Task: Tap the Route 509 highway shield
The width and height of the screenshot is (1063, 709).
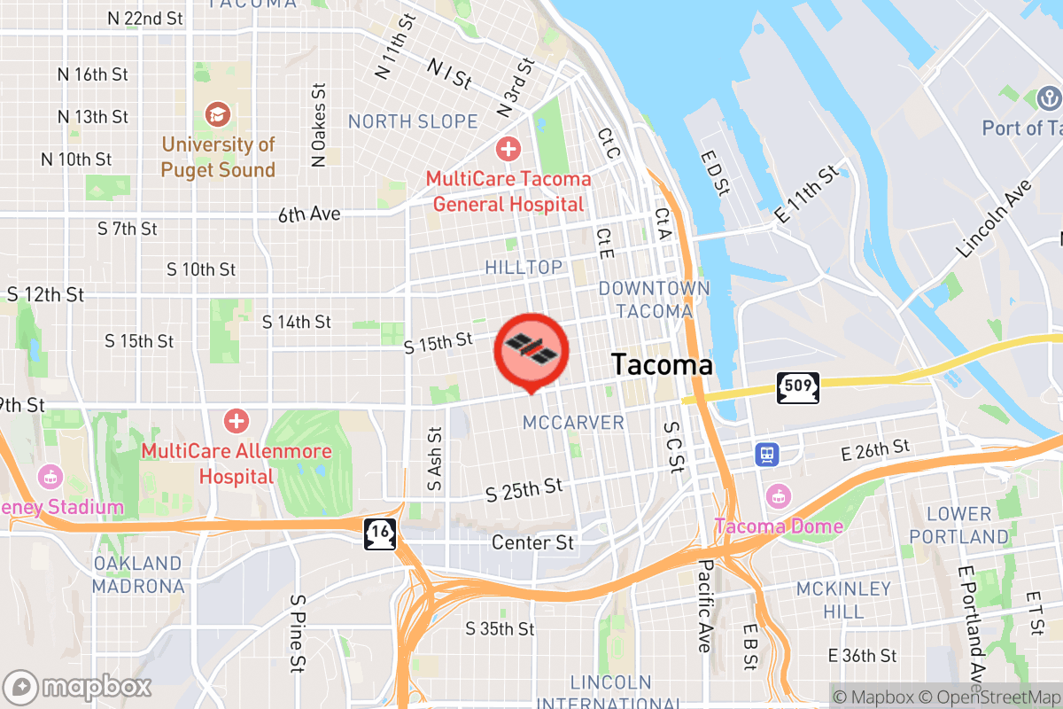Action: (797, 387)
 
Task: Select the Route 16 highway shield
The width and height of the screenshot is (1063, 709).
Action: (379, 534)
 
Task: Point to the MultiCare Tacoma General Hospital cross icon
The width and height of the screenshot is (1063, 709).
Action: (508, 149)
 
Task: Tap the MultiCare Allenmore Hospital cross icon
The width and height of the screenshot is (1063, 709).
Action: (236, 420)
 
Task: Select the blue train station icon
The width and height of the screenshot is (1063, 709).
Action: (765, 455)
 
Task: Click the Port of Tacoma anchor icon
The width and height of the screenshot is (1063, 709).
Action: (1048, 97)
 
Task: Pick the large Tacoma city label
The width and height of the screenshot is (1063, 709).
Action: (662, 364)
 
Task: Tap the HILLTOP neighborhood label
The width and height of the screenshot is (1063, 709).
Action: (524, 267)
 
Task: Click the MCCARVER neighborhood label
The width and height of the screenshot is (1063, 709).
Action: (573, 422)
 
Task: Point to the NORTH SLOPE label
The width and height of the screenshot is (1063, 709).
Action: (413, 121)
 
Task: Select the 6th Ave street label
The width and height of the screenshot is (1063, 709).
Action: (308, 214)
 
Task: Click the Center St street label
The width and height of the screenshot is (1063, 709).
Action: (532, 541)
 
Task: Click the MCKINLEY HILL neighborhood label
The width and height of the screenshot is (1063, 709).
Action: (842, 600)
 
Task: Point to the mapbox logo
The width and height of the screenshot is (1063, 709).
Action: (78, 687)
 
